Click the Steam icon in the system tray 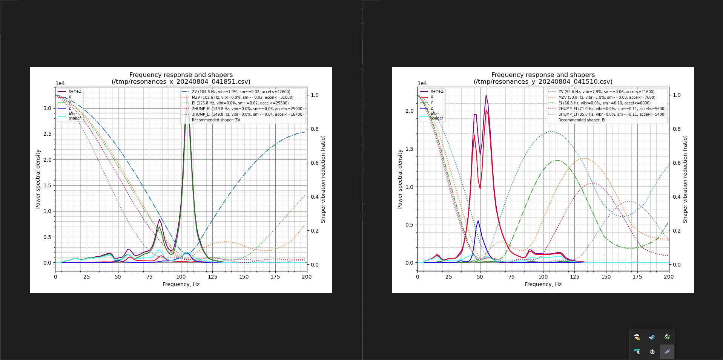point(652,337)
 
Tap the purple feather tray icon point(667,352)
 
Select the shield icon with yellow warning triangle point(637,337)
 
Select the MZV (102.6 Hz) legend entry point(242,98)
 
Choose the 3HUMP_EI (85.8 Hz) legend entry point(612,115)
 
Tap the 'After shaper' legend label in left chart point(74,116)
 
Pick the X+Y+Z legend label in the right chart point(437,92)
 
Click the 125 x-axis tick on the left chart point(212,277)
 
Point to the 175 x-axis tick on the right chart point(637,277)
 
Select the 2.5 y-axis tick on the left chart point(47,134)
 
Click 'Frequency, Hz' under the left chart point(181,284)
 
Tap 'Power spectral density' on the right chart point(400,179)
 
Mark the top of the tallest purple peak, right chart point(486,95)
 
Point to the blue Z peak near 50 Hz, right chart point(478,221)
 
